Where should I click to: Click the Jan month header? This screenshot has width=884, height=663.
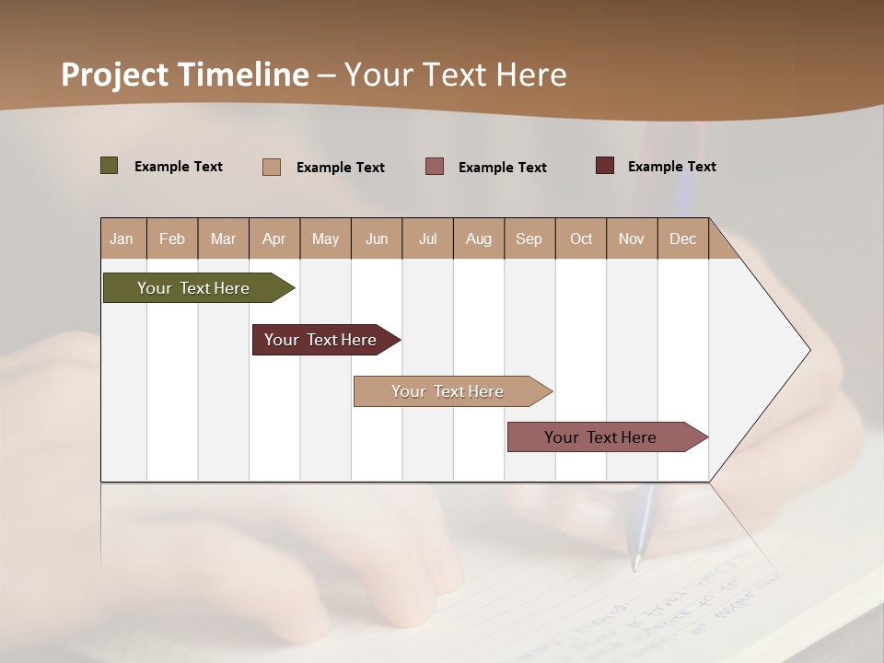pos(122,238)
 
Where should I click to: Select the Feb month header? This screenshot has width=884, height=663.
pos(172,238)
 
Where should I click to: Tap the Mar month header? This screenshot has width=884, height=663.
pos(223,238)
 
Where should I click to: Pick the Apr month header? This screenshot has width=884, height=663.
pos(274,238)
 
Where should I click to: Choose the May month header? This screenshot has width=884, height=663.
pos(325,238)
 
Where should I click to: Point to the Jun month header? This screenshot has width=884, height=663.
pos(377,238)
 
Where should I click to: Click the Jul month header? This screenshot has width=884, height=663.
pos(427,238)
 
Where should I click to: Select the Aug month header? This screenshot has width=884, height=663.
pos(479,238)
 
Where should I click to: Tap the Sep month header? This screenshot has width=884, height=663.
pos(529,238)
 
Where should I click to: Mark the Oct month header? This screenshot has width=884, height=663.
pos(581,238)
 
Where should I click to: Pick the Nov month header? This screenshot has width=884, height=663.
pos(632,238)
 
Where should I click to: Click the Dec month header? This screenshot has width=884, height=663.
pos(683,238)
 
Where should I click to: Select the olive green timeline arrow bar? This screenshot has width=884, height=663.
pos(194,288)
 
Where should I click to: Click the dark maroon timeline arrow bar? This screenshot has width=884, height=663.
pos(321,340)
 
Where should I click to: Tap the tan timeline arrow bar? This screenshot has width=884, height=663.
pos(448,391)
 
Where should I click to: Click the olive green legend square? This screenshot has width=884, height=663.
pos(110,166)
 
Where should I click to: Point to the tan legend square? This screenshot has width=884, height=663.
pos(272,167)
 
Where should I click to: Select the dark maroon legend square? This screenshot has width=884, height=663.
pos(605,166)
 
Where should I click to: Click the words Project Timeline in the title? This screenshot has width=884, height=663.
pos(185,75)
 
